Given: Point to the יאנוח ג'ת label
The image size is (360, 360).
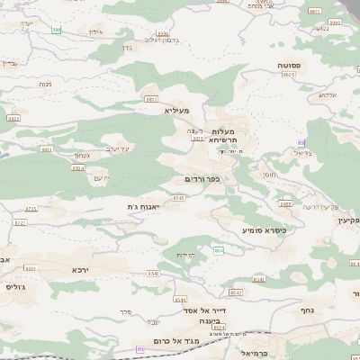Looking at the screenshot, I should [x=143, y=207].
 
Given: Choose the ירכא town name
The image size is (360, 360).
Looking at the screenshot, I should [x=82, y=268].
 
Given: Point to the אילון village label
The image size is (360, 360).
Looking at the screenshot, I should [x=96, y=31].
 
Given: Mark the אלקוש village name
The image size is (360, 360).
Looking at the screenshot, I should [x=328, y=94].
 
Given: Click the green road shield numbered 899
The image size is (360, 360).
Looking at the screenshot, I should [x=57, y=30].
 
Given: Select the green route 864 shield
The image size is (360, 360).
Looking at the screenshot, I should [x=218, y=248].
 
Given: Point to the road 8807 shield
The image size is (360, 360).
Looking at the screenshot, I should [x=151, y=98].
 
